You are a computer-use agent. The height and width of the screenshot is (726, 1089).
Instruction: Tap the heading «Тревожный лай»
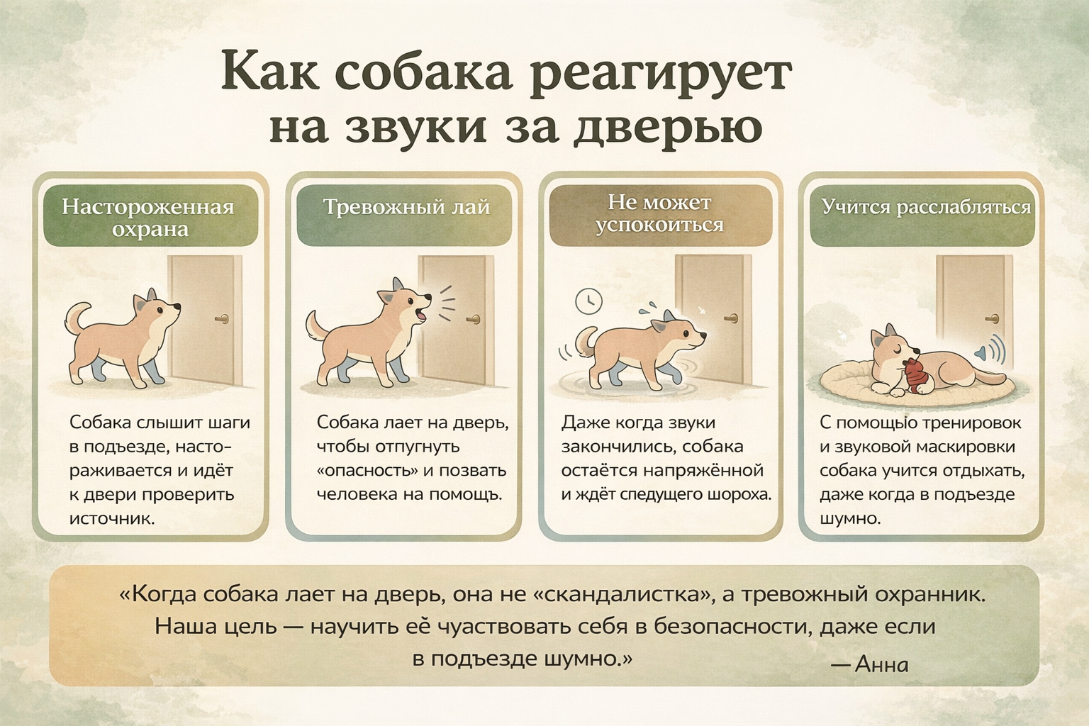coord(407,207)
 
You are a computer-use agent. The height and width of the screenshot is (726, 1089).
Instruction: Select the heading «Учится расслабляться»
coord(927,206)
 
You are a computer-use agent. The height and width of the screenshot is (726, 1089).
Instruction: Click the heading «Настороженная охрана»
coord(148,218)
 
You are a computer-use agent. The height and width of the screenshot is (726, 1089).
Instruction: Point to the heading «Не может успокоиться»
coord(660,213)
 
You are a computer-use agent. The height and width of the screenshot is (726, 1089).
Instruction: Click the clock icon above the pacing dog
coord(588,301)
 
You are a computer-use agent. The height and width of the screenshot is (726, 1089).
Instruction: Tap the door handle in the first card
coord(222,319)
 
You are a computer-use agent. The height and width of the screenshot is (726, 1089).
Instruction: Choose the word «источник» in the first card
coord(112,518)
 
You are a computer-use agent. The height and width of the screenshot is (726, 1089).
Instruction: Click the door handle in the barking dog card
coord(473,319)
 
